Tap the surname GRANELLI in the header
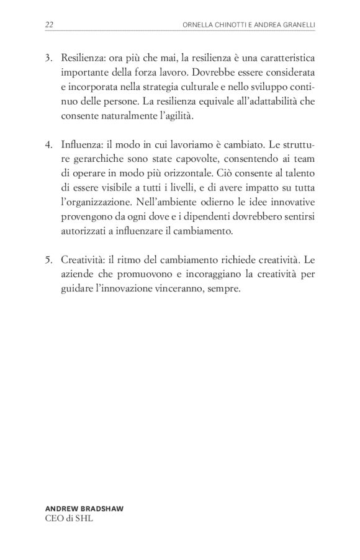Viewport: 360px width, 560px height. click(294, 25)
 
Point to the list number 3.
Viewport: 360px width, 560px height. click(48, 58)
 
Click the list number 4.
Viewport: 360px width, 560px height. click(48, 144)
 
